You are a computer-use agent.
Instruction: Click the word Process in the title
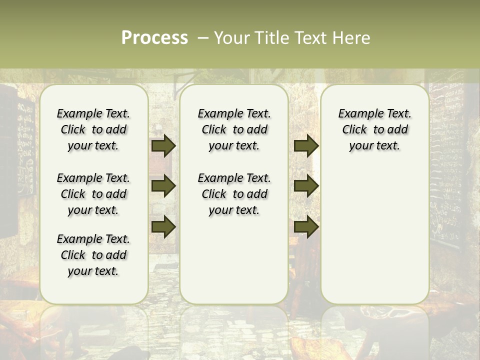coord(154,38)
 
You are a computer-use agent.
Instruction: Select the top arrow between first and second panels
coord(163,146)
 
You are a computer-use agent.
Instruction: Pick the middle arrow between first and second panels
coord(163,186)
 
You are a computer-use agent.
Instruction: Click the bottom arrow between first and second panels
coord(163,226)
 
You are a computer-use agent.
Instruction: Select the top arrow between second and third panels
coord(306,146)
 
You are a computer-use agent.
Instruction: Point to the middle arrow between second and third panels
coord(306,186)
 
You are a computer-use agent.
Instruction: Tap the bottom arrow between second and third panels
coord(306,226)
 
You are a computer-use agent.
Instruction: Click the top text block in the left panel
coord(93,129)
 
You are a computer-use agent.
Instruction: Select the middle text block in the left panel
coord(93,194)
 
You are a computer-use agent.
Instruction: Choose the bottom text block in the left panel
coord(93,255)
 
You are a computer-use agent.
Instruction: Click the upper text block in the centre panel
coord(234,129)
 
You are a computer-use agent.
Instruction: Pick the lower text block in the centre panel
coord(234,194)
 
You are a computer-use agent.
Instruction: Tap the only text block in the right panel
coord(374,129)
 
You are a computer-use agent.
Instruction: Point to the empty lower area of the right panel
coord(374,235)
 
